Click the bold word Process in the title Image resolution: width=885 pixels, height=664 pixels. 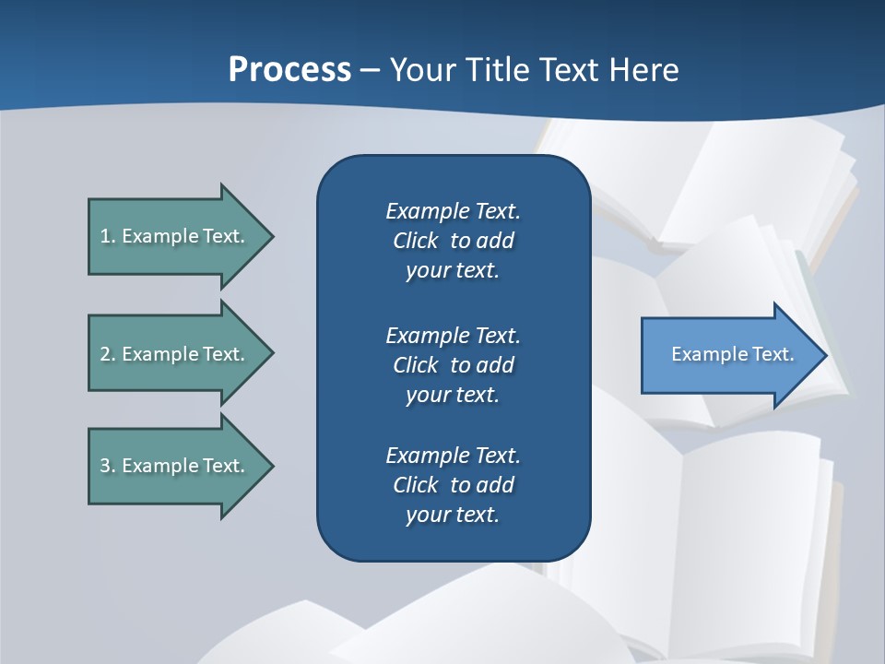pyautogui.click(x=289, y=70)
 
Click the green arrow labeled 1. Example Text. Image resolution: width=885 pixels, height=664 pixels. pyautogui.click(x=175, y=236)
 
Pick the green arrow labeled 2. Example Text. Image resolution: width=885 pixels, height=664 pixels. pyautogui.click(x=175, y=354)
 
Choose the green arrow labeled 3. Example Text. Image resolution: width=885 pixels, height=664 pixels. pyautogui.click(x=175, y=466)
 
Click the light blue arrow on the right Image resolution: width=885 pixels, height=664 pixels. pyautogui.click(x=728, y=354)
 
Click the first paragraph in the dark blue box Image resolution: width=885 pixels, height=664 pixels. pyautogui.click(x=453, y=241)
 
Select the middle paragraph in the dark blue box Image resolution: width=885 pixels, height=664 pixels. pyautogui.click(x=453, y=365)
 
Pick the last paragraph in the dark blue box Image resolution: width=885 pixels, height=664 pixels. pyautogui.click(x=453, y=485)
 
